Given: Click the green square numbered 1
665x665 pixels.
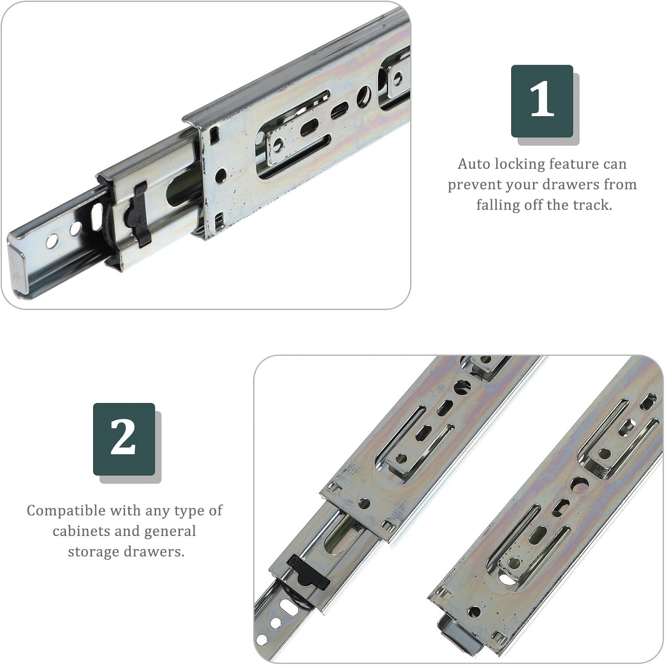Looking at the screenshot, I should [542, 101].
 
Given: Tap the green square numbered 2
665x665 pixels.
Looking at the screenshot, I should [124, 439].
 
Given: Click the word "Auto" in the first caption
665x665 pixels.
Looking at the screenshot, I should [473, 164].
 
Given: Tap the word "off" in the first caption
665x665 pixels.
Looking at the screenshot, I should [532, 205].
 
